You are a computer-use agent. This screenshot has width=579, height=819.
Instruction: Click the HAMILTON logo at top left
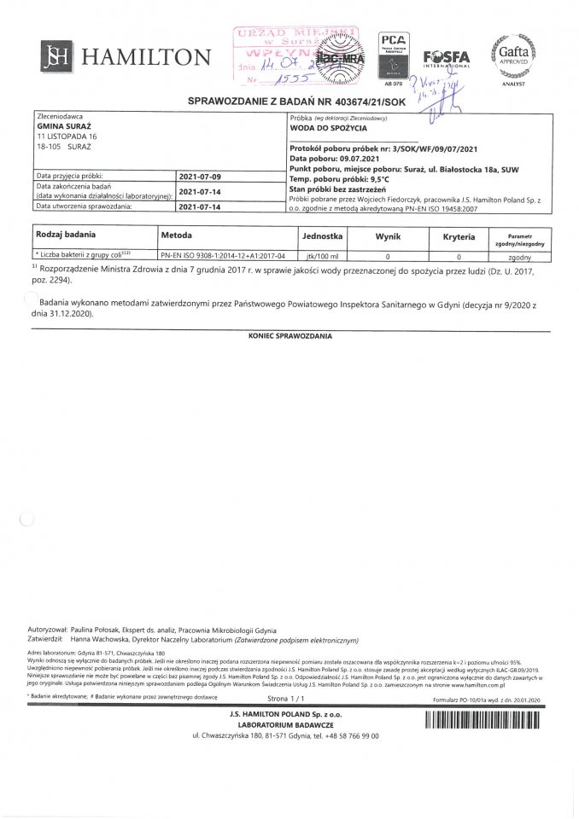(x=126, y=57)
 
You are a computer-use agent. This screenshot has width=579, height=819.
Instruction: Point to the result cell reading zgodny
(x=520, y=255)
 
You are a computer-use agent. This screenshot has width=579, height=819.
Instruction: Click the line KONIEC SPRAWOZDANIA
(x=289, y=337)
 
